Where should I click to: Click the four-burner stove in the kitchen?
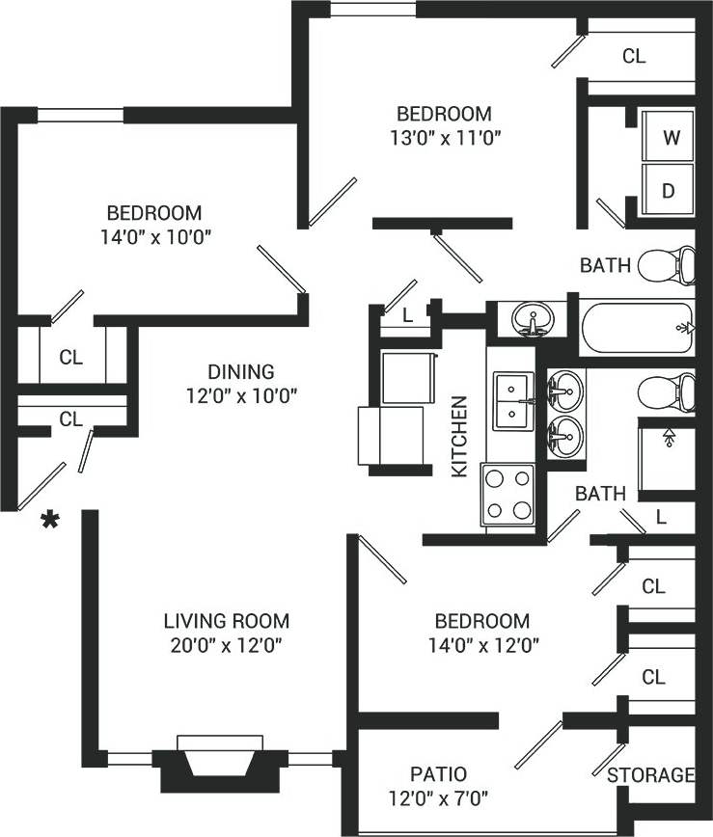point(508,495)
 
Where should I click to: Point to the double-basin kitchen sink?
point(510,400)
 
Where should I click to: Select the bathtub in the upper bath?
point(636,328)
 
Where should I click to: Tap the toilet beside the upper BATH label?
point(670,264)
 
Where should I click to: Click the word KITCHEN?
point(460,436)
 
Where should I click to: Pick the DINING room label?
point(241,371)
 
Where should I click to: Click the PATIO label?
point(438,774)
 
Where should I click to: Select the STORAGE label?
point(650,775)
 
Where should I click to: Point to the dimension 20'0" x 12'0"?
point(226,645)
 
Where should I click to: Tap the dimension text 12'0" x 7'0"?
point(438,798)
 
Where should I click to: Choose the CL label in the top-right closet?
point(633,57)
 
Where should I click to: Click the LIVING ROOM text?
point(226,621)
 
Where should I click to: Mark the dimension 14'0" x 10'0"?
point(153,236)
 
